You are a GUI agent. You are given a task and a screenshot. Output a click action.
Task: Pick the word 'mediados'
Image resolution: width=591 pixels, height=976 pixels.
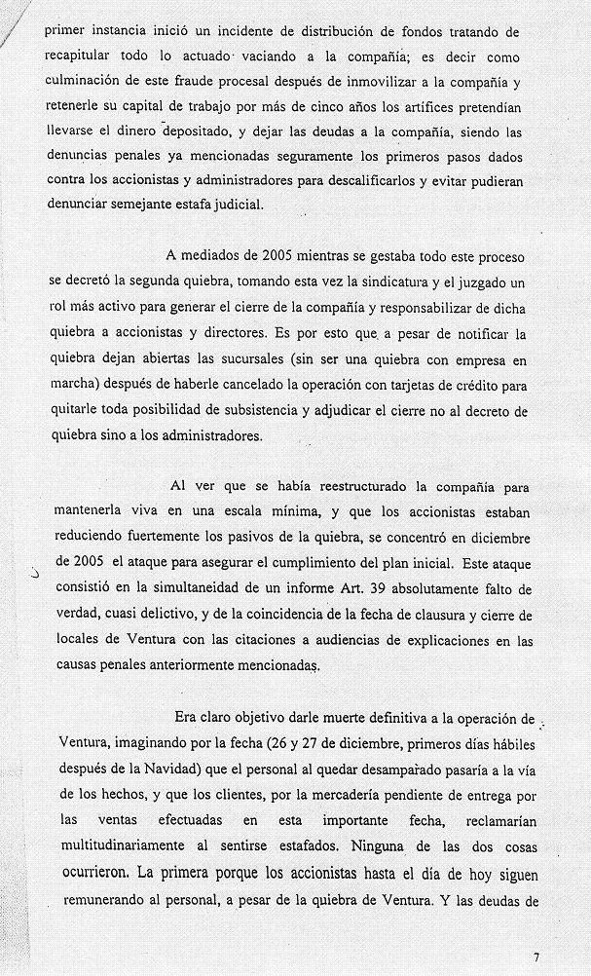coord(216,256)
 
